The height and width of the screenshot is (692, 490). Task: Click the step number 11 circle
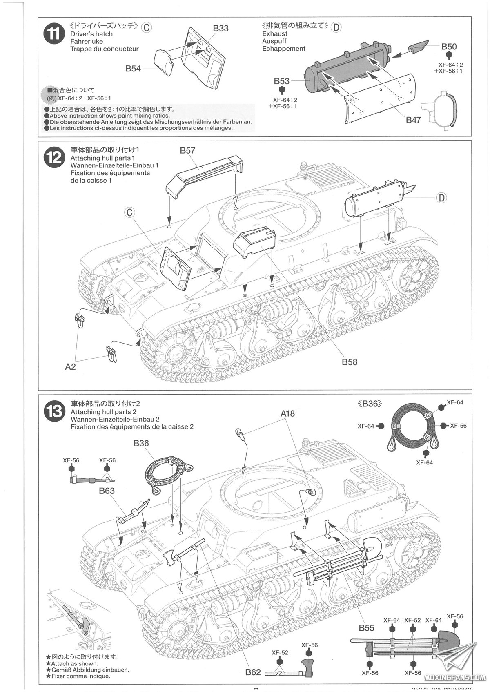coord(54,34)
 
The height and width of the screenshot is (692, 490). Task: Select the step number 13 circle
coord(54,411)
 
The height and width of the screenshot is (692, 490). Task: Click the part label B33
coord(220,28)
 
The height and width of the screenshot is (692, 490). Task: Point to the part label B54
coord(133,69)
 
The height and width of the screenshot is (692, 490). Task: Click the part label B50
coord(449,47)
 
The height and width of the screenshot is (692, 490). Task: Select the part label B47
coord(413,120)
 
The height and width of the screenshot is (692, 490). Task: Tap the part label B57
coord(187,150)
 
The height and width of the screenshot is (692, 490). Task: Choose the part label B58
coord(350,362)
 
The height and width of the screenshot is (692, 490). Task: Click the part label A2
coord(70,366)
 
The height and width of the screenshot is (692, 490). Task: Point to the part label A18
coord(287,413)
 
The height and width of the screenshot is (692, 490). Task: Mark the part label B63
coord(107,491)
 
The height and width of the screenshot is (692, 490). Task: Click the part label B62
coord(253,672)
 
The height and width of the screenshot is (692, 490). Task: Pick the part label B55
coord(366,628)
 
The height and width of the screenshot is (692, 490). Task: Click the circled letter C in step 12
coord(129,212)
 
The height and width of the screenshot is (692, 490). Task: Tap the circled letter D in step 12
coord(441,198)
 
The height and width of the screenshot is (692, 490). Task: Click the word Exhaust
coord(275,34)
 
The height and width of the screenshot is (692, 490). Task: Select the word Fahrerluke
coord(87,41)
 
